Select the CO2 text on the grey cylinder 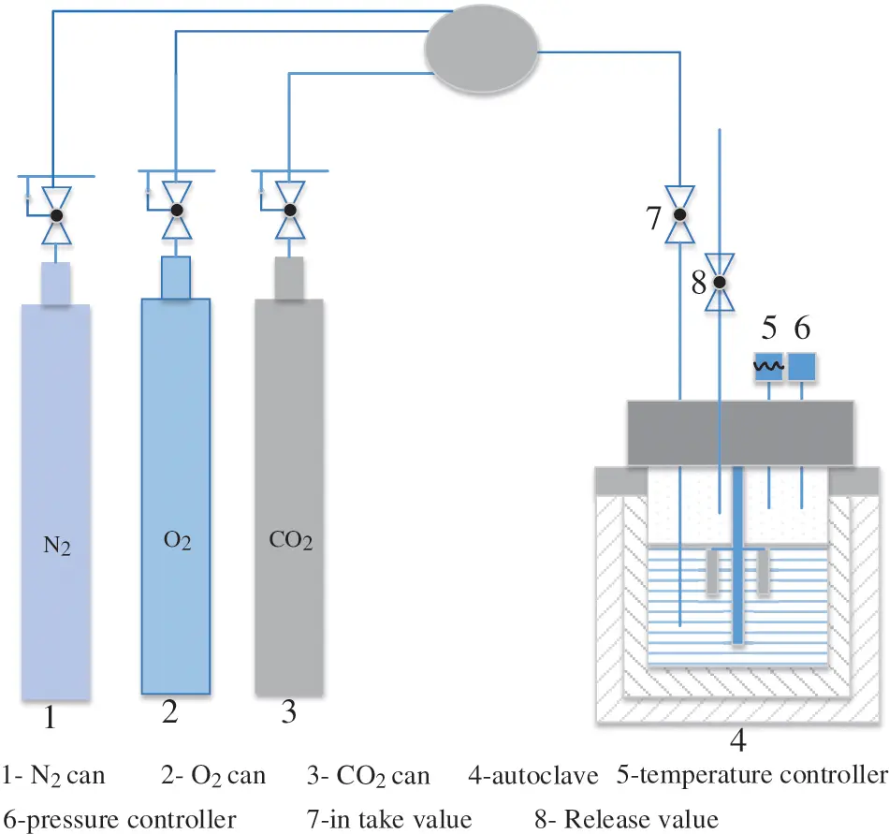click(290, 542)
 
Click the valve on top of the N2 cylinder click(55, 215)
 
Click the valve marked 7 click(680, 214)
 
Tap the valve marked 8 click(720, 282)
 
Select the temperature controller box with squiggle click(769, 367)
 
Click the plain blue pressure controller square click(802, 367)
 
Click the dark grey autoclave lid click(739, 432)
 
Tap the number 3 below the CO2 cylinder click(288, 714)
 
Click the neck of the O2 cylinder click(175, 277)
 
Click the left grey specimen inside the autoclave click(713, 571)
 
